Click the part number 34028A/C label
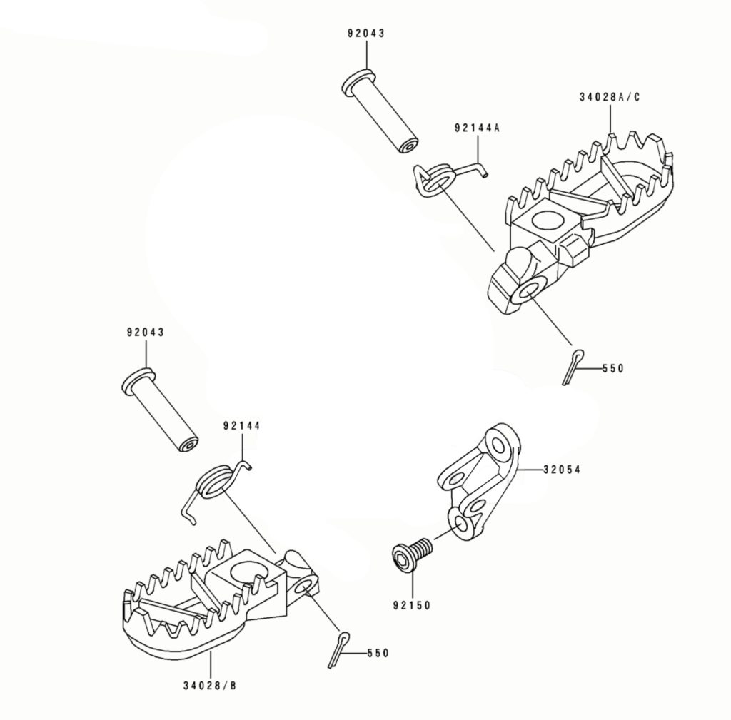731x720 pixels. pos(610,97)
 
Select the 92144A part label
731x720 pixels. pos(476,128)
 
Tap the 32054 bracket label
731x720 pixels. pos(562,470)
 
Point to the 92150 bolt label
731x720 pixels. pos(412,605)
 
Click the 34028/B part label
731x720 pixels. pos(210,686)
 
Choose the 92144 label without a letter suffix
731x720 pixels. pos(241,425)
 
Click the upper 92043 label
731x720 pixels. pos(366,33)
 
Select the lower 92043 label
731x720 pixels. pos(146,333)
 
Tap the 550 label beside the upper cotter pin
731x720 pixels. pos(612,368)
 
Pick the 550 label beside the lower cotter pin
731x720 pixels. pos(378,653)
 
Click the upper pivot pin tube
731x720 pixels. pos(380,111)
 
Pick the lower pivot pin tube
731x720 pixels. pos(159,410)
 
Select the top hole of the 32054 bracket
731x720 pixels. pos(498,446)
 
